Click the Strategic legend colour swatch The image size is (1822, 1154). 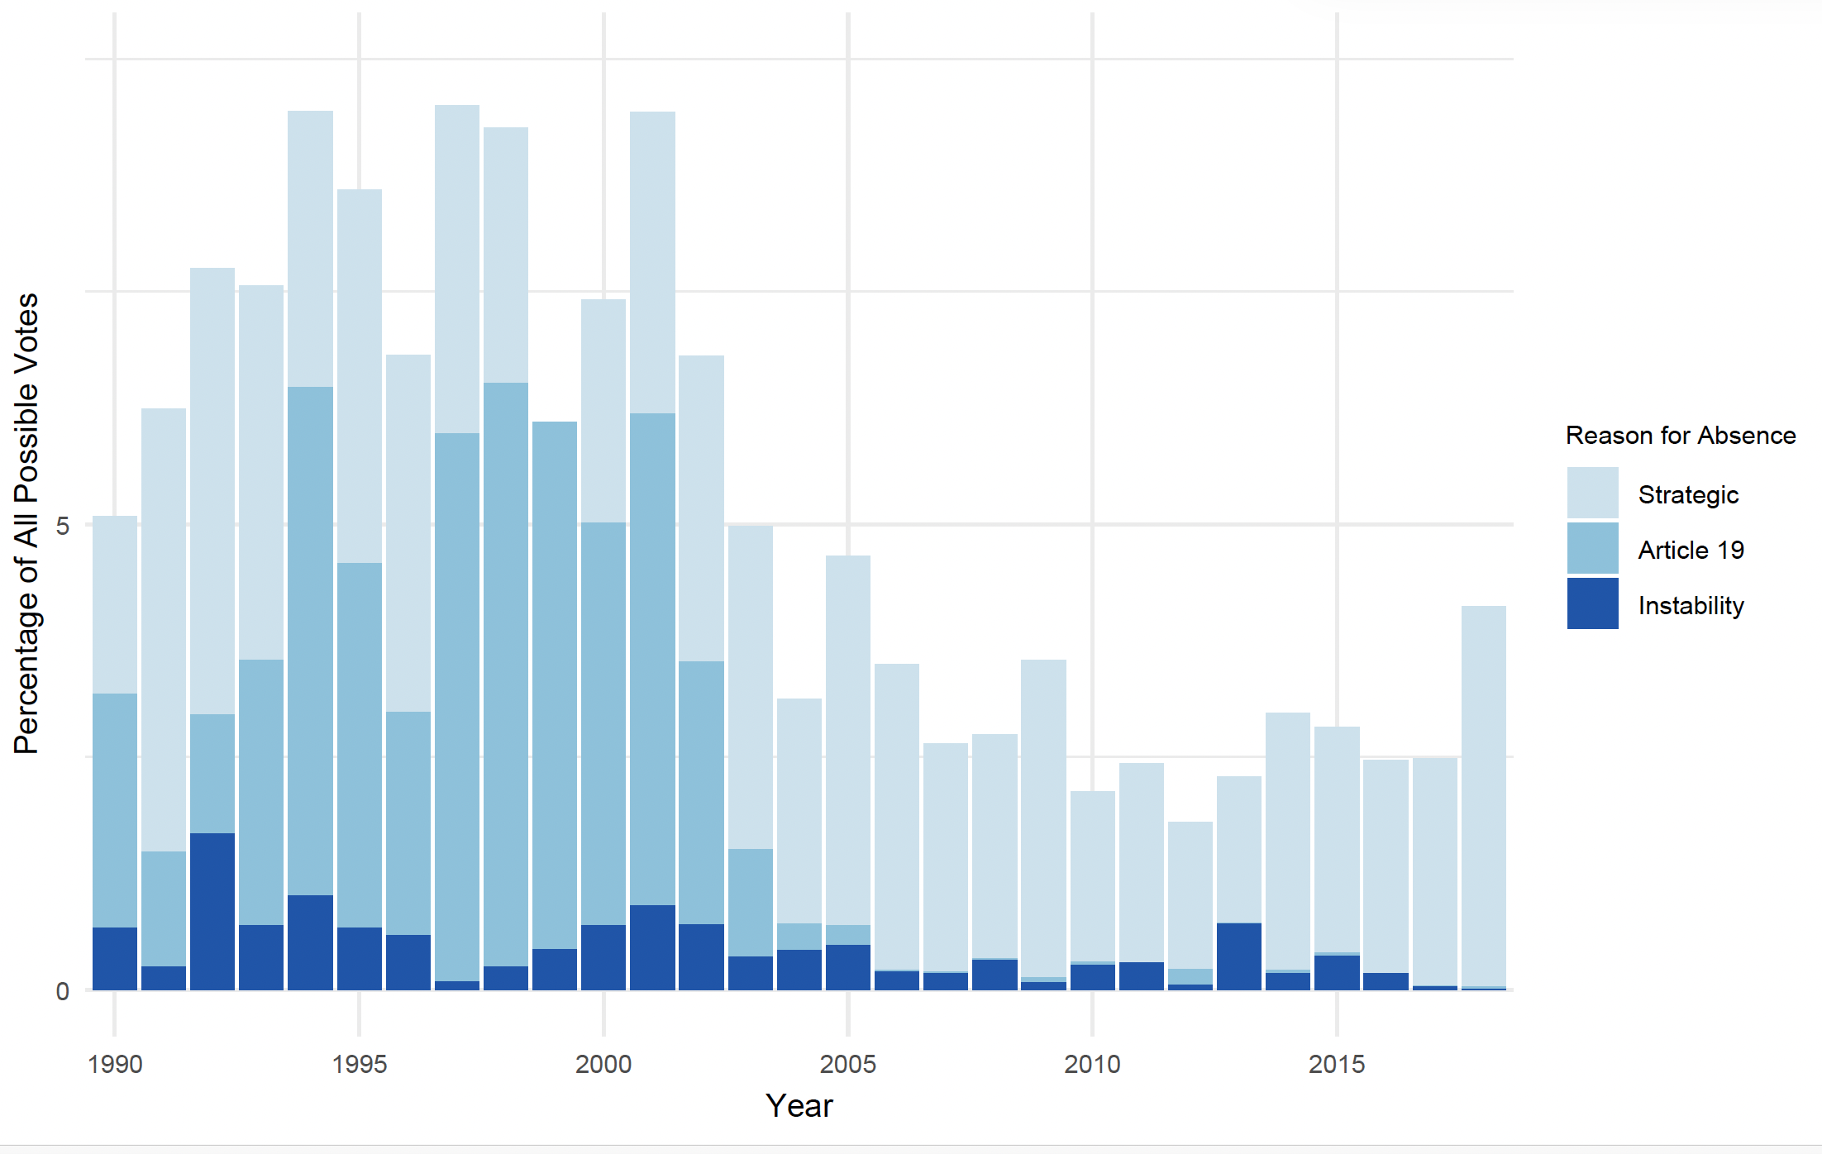[1592, 493]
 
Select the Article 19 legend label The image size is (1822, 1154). [1691, 550]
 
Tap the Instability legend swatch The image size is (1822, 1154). [1592, 603]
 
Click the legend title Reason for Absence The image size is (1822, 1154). [1681, 435]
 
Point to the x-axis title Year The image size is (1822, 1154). [799, 1105]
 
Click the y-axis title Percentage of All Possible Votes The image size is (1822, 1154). [26, 523]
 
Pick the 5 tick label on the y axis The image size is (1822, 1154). [62, 526]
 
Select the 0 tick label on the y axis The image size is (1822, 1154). [62, 991]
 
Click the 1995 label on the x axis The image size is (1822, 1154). [359, 1064]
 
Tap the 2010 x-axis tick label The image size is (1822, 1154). [1092, 1064]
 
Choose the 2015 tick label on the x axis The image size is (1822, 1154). [1337, 1064]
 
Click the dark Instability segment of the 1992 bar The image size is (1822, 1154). [212, 912]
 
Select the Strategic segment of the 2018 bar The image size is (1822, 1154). [1484, 796]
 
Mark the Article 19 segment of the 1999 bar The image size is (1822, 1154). [555, 685]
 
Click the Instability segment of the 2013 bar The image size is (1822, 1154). [1239, 956]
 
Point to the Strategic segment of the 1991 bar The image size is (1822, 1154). [164, 630]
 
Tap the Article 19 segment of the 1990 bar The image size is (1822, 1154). [115, 810]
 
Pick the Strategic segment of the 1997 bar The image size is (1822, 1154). [457, 269]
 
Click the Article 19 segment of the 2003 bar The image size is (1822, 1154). [751, 903]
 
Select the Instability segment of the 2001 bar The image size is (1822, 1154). [652, 947]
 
